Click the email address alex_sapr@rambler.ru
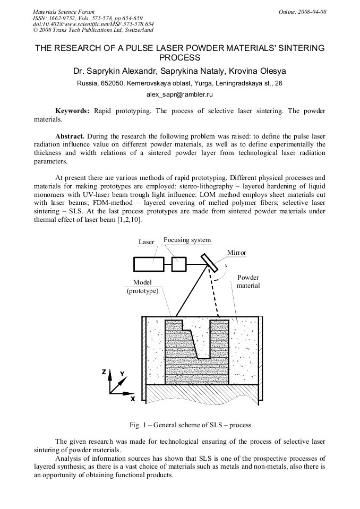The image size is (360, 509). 179,94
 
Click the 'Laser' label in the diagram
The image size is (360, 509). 146,242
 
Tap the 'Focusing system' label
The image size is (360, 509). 187,240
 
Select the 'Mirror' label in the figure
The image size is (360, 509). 236,253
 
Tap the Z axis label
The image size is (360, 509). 104,372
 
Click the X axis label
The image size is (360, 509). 133,398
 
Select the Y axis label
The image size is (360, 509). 122,374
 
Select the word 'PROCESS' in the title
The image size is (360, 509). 179,57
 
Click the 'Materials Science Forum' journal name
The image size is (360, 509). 64,11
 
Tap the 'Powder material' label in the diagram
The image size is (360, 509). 247,281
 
